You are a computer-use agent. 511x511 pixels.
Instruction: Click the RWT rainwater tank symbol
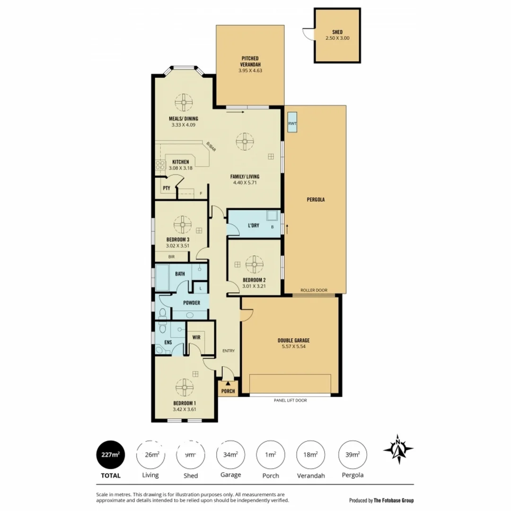coord(292,123)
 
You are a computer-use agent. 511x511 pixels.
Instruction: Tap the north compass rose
coord(398,449)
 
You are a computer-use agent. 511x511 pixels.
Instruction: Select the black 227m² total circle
coord(110,455)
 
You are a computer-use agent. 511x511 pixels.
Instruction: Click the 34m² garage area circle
coord(230,455)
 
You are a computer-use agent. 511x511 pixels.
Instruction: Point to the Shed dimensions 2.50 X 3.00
coord(337,38)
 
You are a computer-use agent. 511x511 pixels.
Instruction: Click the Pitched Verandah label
coord(250,62)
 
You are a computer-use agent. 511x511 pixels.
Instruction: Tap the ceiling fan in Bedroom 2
coord(254,264)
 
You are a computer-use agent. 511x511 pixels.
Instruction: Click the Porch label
coord(228,391)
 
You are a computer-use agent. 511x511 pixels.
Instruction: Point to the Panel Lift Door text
coord(291,400)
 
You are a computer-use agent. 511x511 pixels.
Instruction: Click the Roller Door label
coord(314,291)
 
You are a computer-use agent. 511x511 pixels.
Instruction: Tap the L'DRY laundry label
coord(254,226)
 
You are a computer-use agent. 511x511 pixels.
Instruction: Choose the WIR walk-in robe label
coord(196,338)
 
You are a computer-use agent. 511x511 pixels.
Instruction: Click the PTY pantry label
coord(167,188)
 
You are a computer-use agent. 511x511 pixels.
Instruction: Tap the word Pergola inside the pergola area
coord(316,200)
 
